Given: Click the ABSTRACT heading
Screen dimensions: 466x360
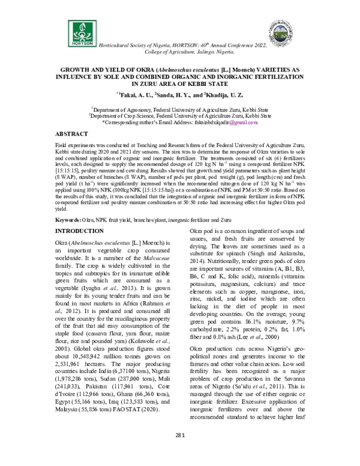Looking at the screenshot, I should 73,133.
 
